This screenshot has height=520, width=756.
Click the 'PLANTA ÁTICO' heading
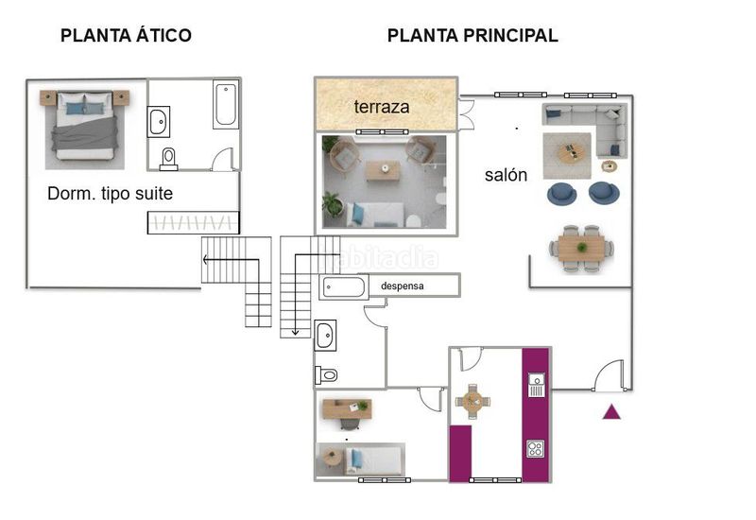click(126, 35)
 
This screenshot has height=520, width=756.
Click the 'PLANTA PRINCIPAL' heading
click(472, 35)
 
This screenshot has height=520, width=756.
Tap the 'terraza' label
click(382, 107)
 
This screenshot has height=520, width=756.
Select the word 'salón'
click(506, 175)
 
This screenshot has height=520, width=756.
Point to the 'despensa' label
click(403, 286)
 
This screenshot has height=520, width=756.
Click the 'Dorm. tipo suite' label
click(110, 194)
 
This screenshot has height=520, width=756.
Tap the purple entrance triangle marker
click(611, 411)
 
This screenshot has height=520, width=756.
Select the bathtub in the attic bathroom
click(226, 104)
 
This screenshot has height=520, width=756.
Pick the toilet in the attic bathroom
click(168, 159)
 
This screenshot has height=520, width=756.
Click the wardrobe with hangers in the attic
click(193, 223)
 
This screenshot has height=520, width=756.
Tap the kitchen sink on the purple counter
click(536, 385)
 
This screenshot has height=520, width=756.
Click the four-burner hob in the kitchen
click(535, 448)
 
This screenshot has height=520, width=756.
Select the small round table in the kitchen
click(472, 401)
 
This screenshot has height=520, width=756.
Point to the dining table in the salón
click(581, 248)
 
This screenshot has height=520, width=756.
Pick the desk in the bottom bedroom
click(347, 409)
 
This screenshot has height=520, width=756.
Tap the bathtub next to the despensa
click(343, 287)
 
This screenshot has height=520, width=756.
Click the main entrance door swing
click(610, 375)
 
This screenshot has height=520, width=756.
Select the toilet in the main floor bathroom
click(326, 374)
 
